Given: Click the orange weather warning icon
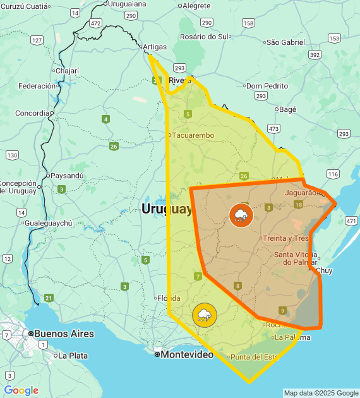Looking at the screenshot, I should pyautogui.click(x=241, y=215).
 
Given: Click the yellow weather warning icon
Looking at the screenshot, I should pyautogui.click(x=204, y=315).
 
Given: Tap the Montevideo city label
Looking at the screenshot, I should pyautogui.click(x=187, y=354).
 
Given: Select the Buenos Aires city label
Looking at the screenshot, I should pyautogui.click(x=64, y=334).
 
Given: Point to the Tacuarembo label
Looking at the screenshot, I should pyautogui.click(x=193, y=135).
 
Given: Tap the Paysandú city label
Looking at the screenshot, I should pyautogui.click(x=66, y=176).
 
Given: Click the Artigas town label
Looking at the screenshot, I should pyautogui.click(x=155, y=47).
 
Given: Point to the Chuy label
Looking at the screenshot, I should pyautogui.click(x=323, y=270).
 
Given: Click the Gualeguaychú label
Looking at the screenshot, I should pyautogui.click(x=49, y=223).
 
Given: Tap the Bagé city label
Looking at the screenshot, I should pyautogui.click(x=287, y=109).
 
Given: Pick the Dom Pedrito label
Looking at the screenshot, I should pyautogui.click(x=267, y=86).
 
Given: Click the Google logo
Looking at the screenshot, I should pyautogui.click(x=21, y=390).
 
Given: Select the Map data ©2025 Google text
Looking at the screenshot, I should pyautogui.click(x=321, y=393).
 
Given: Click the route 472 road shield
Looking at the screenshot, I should pyautogui.click(x=95, y=23).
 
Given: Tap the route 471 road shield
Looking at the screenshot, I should pyautogui.click(x=352, y=221).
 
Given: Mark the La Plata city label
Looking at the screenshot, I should pyautogui.click(x=72, y=356).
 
